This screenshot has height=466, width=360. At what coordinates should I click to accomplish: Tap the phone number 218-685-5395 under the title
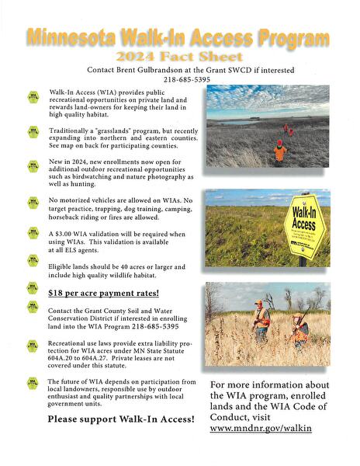[186, 79]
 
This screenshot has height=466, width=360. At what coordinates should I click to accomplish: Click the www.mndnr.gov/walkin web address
[261, 428]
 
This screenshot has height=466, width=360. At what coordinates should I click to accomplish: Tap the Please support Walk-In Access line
[120, 419]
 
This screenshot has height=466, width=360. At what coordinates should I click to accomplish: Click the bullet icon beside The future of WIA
[33, 382]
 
